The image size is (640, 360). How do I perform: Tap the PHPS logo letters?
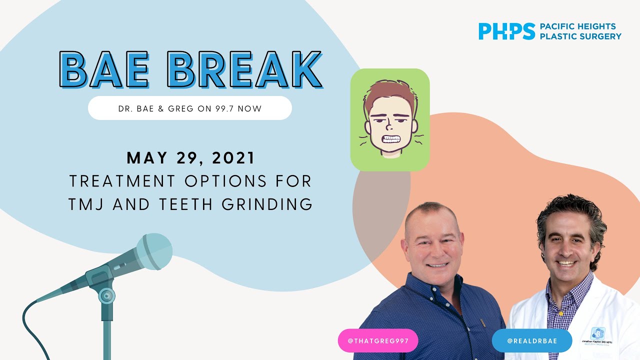tap(506, 31)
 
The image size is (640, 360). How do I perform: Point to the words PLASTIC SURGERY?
tap(580, 36)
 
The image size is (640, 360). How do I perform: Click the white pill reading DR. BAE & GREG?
tap(189, 108)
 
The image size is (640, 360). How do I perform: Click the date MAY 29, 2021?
tap(191, 158)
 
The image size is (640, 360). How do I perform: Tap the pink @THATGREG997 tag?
tap(378, 341)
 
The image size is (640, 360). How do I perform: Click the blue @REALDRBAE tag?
tap(531, 341)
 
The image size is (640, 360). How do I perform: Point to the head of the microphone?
tap(152, 252)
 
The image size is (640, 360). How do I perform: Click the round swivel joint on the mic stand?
tap(106, 296)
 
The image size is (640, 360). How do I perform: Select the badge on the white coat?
tap(597, 333)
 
